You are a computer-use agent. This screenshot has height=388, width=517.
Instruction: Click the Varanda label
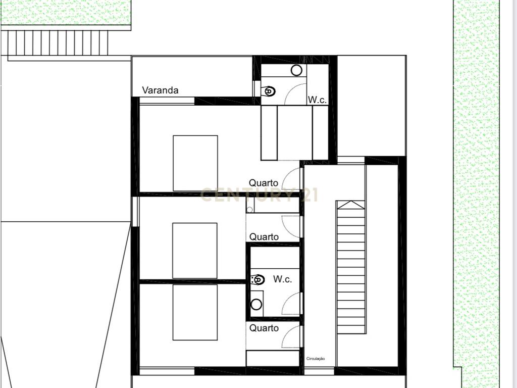click(160, 90)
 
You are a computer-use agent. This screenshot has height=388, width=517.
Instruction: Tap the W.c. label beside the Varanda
click(317, 100)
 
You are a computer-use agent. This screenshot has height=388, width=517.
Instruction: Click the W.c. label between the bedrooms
click(283, 279)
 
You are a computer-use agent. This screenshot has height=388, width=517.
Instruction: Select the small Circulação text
click(316, 359)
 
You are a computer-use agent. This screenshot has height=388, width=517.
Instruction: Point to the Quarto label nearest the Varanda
click(264, 183)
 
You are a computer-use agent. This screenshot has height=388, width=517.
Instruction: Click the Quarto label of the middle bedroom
click(264, 237)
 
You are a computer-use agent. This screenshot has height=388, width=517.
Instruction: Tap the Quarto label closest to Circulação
click(264, 328)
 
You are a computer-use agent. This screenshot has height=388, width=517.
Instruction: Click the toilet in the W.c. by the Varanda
click(269, 91)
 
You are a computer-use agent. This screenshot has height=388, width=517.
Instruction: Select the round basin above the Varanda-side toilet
click(296, 70)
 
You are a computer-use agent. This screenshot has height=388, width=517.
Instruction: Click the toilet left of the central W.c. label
click(257, 280)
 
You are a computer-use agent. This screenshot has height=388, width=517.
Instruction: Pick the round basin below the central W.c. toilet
click(256, 304)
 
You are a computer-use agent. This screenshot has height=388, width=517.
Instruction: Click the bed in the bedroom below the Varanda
click(195, 163)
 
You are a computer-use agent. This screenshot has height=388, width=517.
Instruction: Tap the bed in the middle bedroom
click(195, 251)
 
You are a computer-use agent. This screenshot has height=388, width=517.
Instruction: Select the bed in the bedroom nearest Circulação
click(195, 312)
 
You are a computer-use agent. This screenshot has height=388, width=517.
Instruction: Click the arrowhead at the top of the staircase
click(351, 205)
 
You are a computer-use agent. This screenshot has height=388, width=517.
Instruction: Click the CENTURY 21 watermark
click(259, 195)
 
